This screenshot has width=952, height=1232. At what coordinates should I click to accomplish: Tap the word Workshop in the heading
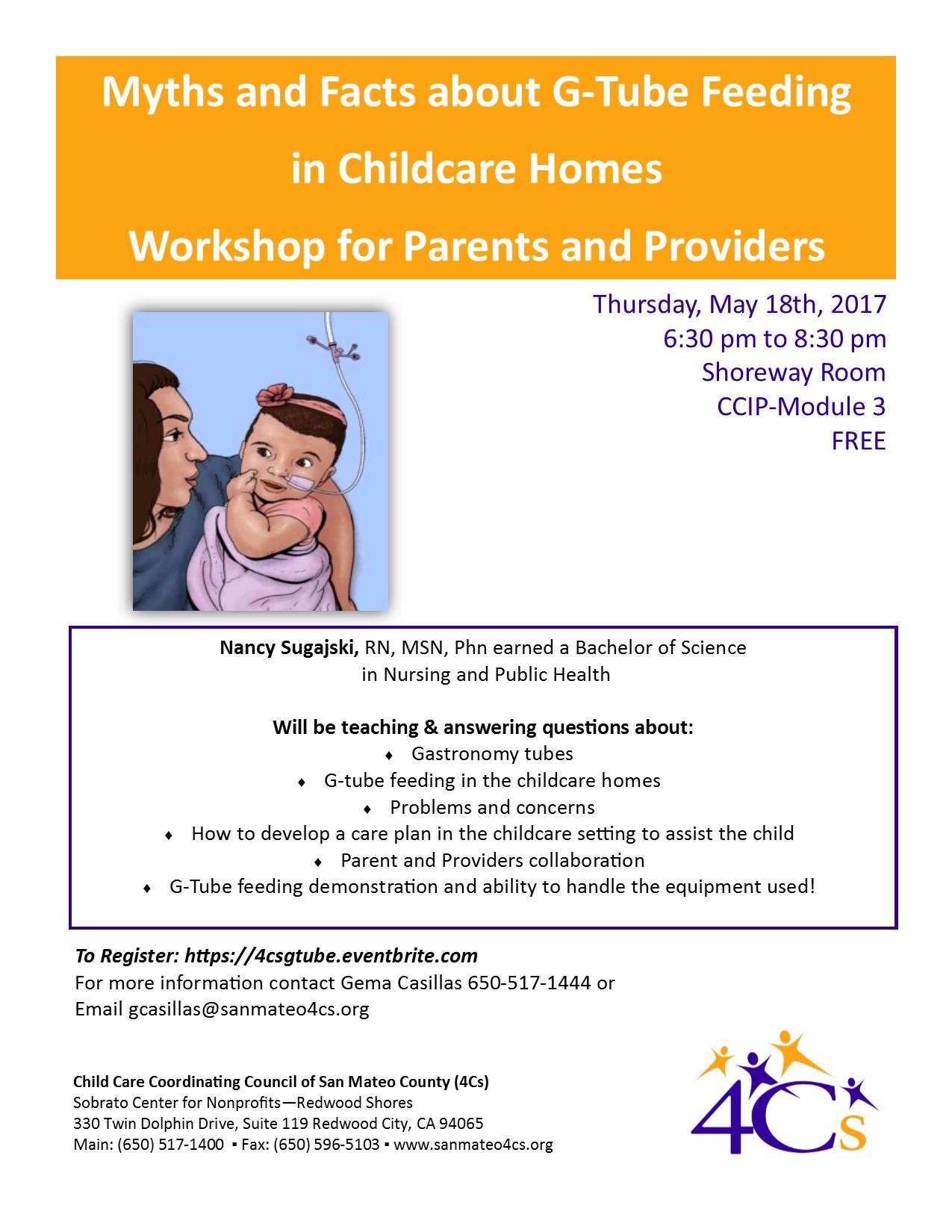[x=228, y=246]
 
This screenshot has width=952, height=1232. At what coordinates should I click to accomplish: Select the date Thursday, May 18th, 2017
[x=739, y=305]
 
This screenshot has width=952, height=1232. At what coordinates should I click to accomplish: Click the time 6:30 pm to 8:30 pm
[x=774, y=339]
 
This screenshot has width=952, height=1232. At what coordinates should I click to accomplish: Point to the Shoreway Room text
[x=794, y=373]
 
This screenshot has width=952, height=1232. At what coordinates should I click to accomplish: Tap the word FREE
[x=859, y=441]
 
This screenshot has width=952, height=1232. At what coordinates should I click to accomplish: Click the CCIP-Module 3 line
[x=801, y=407]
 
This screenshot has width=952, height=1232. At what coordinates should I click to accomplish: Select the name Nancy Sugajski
[x=289, y=648]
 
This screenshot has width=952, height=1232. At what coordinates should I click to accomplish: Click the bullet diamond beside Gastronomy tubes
[x=389, y=755]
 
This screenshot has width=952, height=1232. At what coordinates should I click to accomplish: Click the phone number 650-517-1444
[x=529, y=983]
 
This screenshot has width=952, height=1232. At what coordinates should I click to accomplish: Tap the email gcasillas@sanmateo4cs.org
[x=249, y=1009]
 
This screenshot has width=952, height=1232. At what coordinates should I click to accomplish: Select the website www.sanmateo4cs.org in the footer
[x=473, y=1145]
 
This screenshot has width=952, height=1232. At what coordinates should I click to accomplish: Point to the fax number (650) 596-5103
[x=326, y=1145]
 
